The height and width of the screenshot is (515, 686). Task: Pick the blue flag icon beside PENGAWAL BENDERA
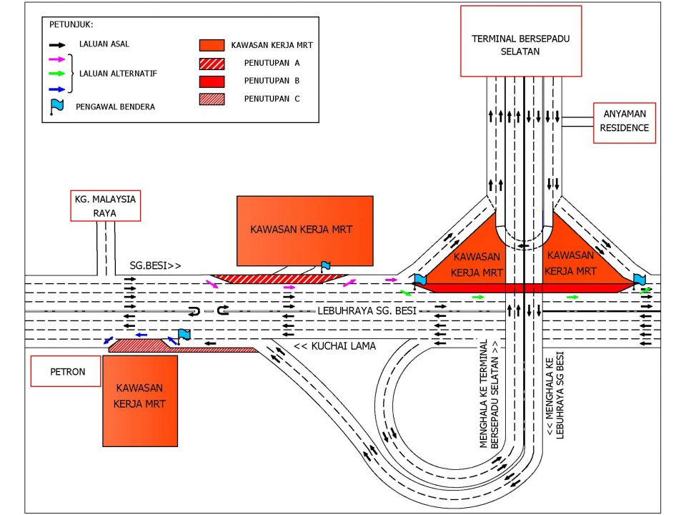(57, 107)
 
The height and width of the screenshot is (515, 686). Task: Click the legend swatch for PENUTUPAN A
(212, 63)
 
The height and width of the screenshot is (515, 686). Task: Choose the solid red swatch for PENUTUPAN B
(212, 81)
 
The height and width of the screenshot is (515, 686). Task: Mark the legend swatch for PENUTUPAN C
(212, 99)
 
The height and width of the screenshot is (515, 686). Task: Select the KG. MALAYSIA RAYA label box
(105, 204)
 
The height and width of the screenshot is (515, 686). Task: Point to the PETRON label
(66, 372)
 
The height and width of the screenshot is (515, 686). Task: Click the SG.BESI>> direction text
(155, 265)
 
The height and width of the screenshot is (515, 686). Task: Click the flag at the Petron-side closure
(184, 335)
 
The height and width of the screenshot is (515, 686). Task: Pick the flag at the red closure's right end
(639, 279)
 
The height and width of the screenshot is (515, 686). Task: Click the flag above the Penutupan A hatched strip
(326, 266)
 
